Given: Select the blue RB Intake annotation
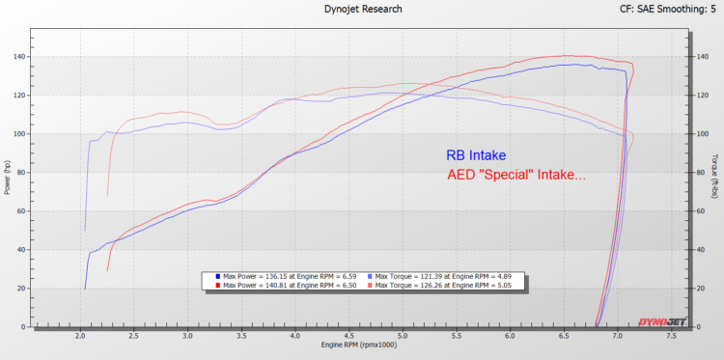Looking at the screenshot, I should (x=476, y=154).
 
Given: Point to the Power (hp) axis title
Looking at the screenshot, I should (x=7, y=178).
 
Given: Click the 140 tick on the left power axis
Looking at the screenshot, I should (x=21, y=57).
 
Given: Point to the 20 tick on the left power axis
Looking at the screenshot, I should (x=23, y=289).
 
